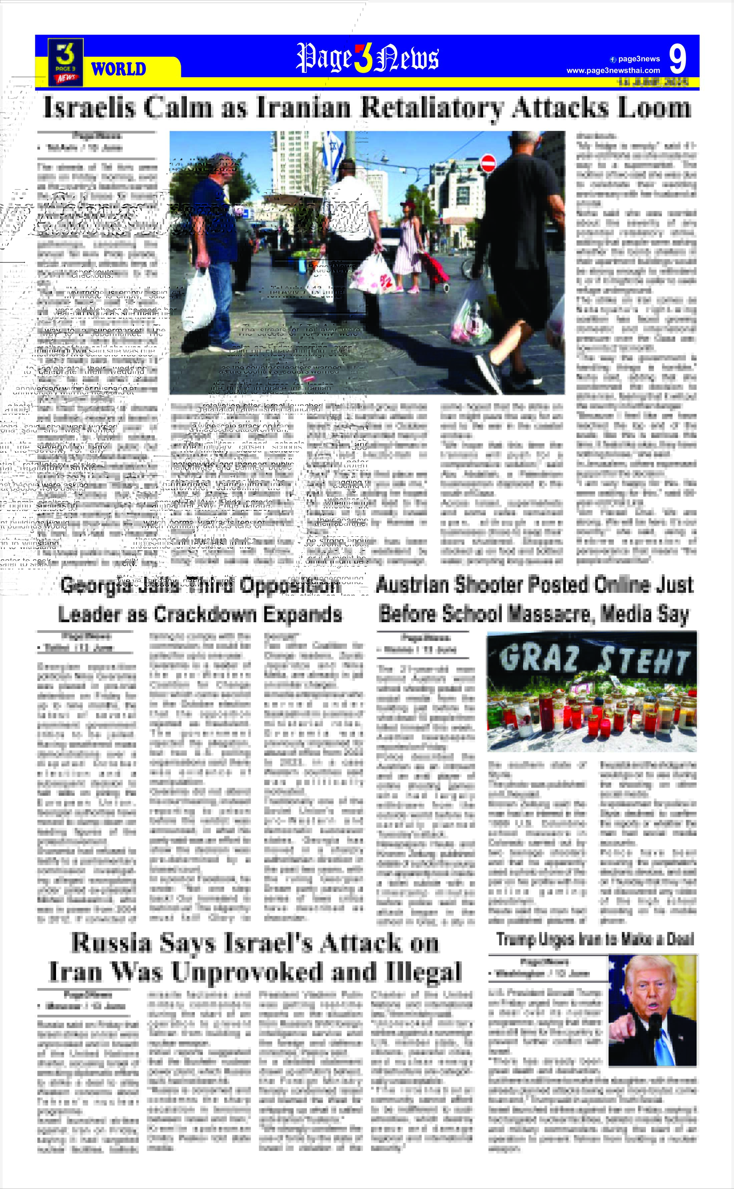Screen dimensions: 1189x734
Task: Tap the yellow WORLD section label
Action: [118, 69]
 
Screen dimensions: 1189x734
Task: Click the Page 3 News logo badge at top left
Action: [65, 62]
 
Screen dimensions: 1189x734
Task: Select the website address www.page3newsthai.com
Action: [613, 71]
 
